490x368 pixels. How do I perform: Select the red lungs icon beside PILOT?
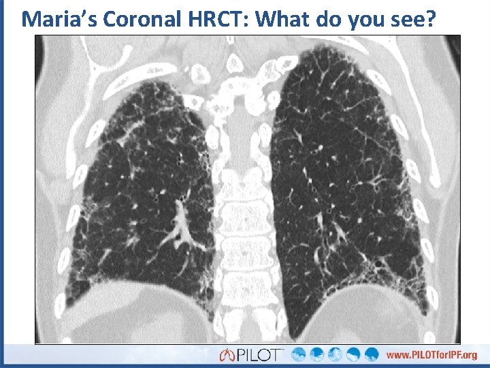(x=227, y=355)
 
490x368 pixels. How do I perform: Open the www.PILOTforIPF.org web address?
(x=431, y=355)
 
